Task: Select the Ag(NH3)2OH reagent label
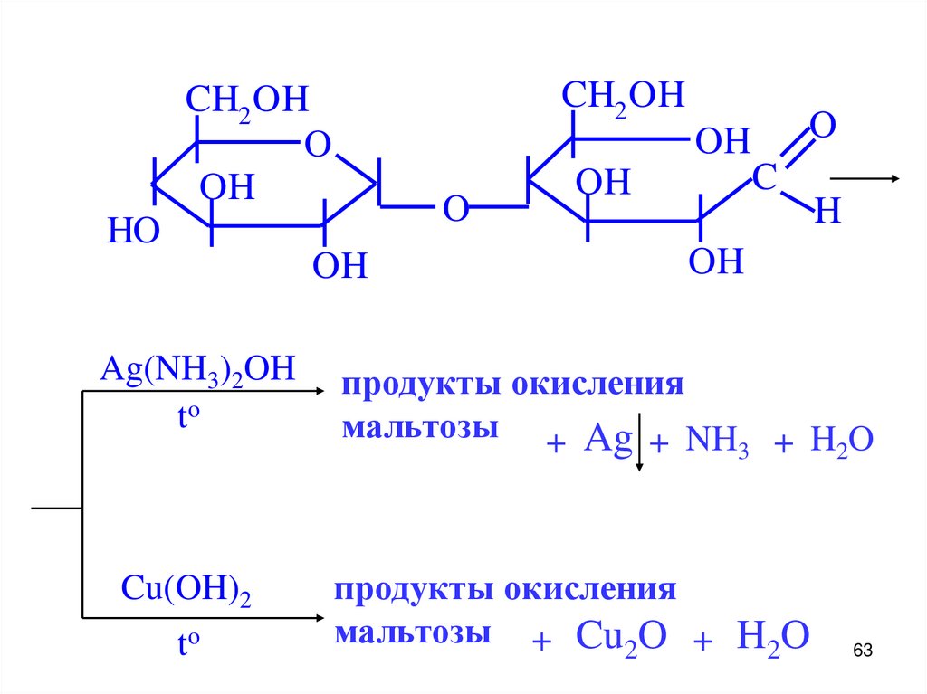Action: tap(198, 370)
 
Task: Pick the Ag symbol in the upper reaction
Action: tap(607, 440)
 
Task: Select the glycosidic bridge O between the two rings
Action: tap(454, 210)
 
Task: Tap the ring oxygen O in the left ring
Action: tap(317, 144)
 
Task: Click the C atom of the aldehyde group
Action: tap(764, 178)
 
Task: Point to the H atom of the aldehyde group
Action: tap(827, 213)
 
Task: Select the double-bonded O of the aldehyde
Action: tap(821, 126)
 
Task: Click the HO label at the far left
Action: tap(134, 232)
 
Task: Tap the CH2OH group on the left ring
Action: tap(247, 100)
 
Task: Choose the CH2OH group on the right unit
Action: tap(623, 95)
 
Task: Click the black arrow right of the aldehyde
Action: tap(865, 179)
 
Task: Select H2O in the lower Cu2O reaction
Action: tap(771, 636)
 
